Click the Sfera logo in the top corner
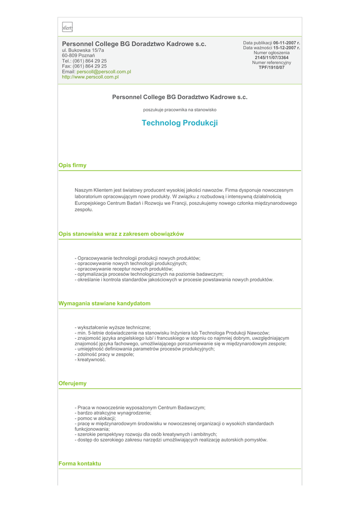[67, 28]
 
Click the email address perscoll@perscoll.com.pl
[104, 71]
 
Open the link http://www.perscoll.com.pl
[90, 77]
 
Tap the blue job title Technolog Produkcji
[180, 123]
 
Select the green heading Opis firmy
[72, 165]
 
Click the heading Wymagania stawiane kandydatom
[104, 303]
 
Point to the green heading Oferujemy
[72, 383]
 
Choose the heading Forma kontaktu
[79, 463]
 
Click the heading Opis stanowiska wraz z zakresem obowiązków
[121, 234]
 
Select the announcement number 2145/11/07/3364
[272, 58]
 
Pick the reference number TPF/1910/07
[272, 67]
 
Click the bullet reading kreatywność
[90, 360]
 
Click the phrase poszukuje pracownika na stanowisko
[180, 110]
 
